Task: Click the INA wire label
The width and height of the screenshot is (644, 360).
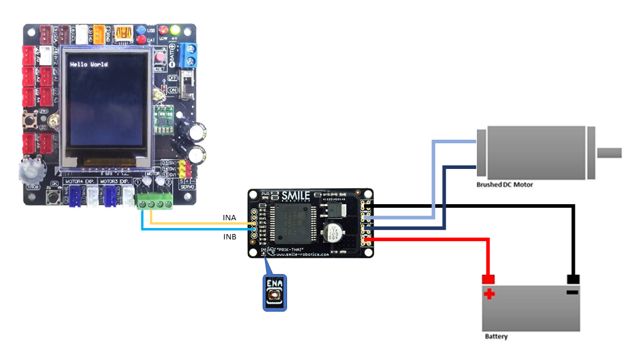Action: (x=229, y=218)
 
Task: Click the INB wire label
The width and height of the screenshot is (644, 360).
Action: (x=229, y=237)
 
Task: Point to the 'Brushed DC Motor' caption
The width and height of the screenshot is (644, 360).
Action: (x=504, y=185)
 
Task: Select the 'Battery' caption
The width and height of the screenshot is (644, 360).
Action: (x=496, y=337)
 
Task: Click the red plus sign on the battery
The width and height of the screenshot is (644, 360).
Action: (x=489, y=294)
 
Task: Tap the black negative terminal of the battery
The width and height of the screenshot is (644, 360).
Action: (x=573, y=279)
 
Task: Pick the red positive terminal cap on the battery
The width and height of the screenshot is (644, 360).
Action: (x=489, y=279)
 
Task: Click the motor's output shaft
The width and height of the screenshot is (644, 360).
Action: (x=609, y=153)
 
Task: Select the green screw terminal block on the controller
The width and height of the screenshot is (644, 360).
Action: (x=155, y=202)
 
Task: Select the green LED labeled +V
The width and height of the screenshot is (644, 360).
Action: (x=175, y=30)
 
